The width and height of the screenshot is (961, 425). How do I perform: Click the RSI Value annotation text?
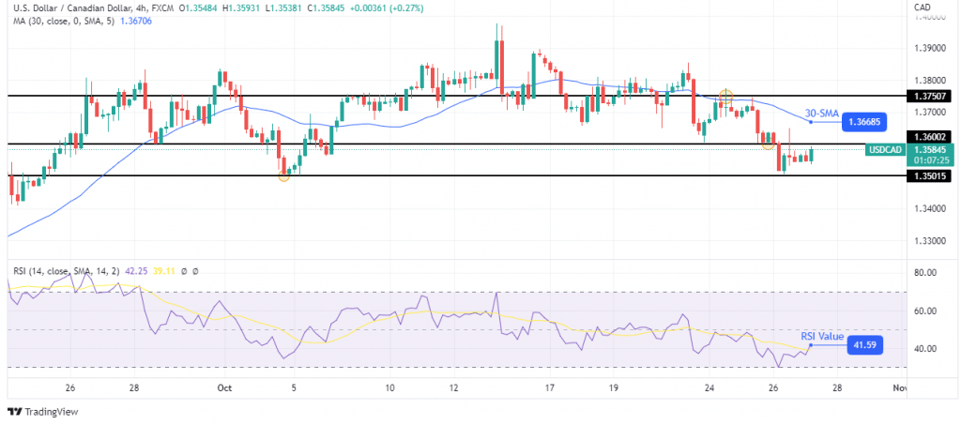[822, 337]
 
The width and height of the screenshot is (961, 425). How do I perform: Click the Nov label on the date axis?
[899, 387]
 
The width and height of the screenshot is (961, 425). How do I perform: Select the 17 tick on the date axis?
[550, 387]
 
